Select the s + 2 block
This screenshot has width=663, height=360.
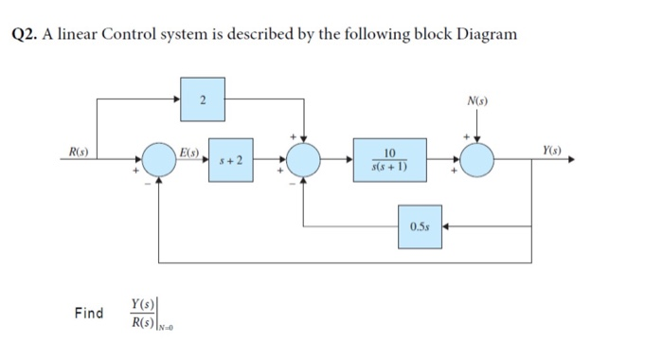pyautogui.click(x=233, y=161)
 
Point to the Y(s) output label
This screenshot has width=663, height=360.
pyautogui.click(x=553, y=151)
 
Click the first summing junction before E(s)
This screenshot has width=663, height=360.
pyautogui.click(x=158, y=160)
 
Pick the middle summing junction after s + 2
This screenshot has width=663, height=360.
pyautogui.click(x=304, y=160)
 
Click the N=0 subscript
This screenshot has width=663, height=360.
pyautogui.click(x=169, y=327)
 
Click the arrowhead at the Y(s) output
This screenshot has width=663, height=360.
pyautogui.click(x=570, y=160)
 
